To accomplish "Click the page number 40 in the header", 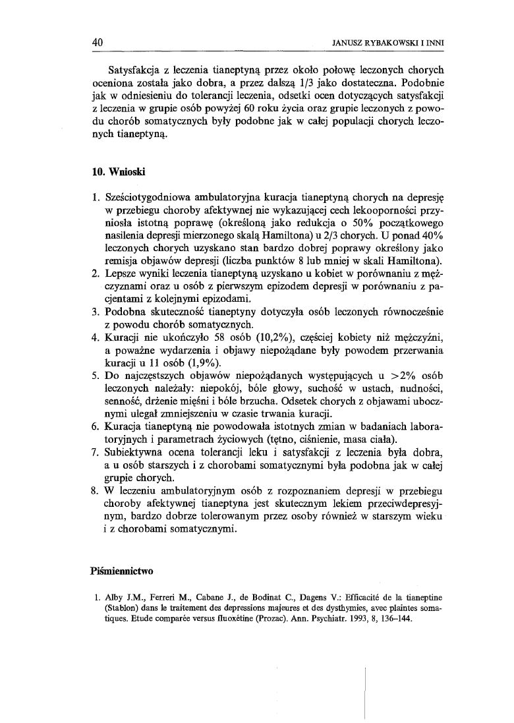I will (99, 42).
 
